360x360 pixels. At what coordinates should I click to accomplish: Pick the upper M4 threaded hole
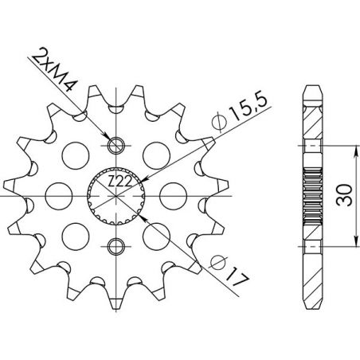(x=116, y=144)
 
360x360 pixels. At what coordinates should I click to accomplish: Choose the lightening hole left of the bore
(x=58, y=194)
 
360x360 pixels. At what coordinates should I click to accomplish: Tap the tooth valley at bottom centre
(x=116, y=284)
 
